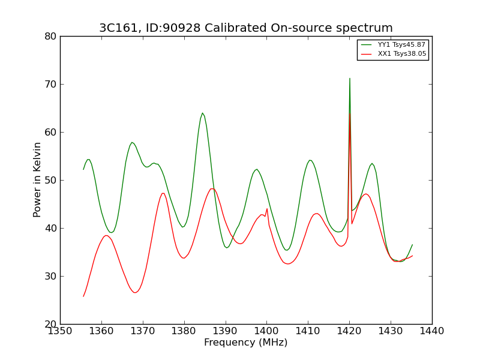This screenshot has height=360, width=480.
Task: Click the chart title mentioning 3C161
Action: pyautogui.click(x=246, y=28)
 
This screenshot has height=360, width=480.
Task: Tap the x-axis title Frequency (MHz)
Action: pyautogui.click(x=246, y=342)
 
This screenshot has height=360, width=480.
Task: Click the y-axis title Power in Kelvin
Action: pyautogui.click(x=37, y=179)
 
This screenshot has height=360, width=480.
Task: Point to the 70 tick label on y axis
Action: pyautogui.click(x=50, y=84)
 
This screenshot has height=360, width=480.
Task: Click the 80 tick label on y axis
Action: pyautogui.click(x=50, y=37)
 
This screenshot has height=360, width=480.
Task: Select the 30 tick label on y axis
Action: pyautogui.click(x=50, y=277)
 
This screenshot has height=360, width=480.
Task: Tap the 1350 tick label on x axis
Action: pyautogui.click(x=61, y=331)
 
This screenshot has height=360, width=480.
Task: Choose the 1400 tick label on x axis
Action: pyautogui.click(x=267, y=331)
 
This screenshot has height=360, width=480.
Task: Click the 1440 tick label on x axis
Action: pyautogui.click(x=432, y=331)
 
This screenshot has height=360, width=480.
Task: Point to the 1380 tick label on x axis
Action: pyautogui.click(x=184, y=331)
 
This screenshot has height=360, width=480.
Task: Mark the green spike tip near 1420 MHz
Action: pyautogui.click(x=350, y=79)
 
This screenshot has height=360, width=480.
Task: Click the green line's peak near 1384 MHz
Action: pyautogui.click(x=202, y=113)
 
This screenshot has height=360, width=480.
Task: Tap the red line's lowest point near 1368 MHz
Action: pyautogui.click(x=135, y=293)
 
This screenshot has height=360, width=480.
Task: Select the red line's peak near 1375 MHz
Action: pyautogui.click(x=163, y=193)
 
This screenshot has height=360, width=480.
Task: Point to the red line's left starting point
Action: pyautogui.click(x=83, y=296)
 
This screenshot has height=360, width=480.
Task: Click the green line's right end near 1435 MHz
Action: pyautogui.click(x=412, y=245)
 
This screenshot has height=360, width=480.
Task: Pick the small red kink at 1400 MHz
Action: pyautogui.click(x=267, y=209)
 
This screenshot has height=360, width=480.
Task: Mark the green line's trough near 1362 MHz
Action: pyautogui.click(x=111, y=233)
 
